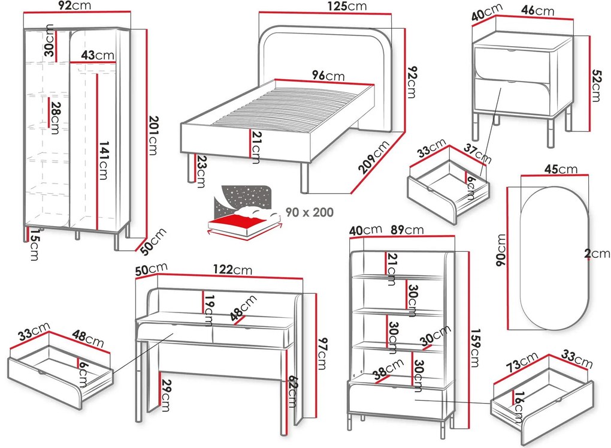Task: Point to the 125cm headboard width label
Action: pyautogui.click(x=347, y=7)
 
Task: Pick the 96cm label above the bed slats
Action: pyautogui.click(x=328, y=76)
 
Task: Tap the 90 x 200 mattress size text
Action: pyautogui.click(x=310, y=212)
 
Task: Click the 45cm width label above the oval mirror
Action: pyautogui.click(x=561, y=169)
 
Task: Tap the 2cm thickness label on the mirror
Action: pyautogui.click(x=597, y=254)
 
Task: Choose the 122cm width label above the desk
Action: pyautogui.click(x=234, y=270)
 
